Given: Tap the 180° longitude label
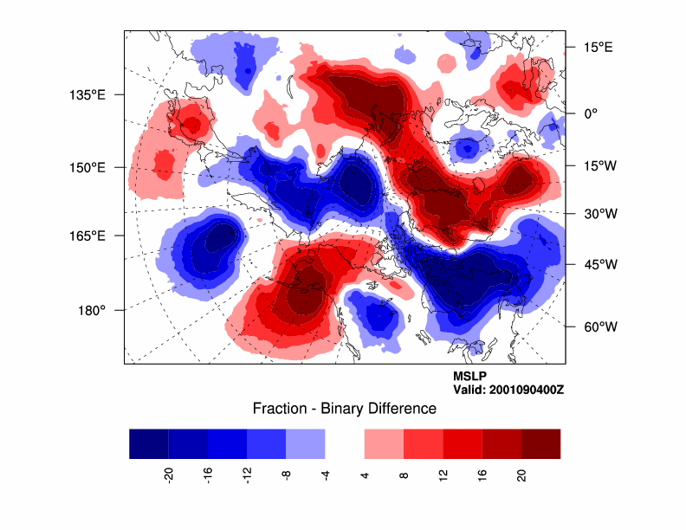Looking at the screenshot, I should coord(92,310).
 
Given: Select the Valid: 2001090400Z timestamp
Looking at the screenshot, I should coord(508,390).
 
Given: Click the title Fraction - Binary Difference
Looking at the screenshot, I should coord(344,408).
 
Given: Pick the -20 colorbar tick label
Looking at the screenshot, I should coord(169,474).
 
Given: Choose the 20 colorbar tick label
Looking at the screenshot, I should coord(521,474).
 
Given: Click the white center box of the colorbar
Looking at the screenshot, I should coord(345,443).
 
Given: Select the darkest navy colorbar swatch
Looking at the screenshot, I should coord(148,443).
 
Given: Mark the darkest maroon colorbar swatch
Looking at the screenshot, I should coord(540,443).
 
